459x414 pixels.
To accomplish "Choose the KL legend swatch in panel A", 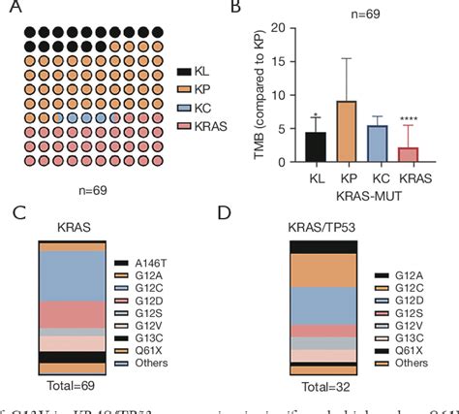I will pos(183,72).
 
